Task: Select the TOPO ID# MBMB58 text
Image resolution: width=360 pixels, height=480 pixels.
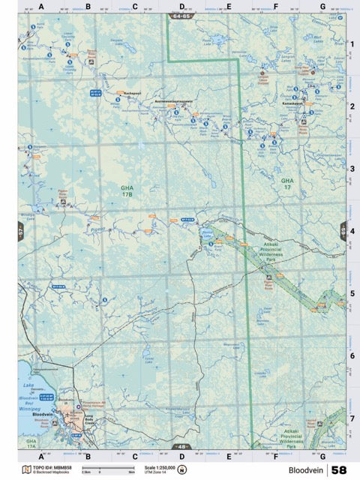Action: pos(50,466)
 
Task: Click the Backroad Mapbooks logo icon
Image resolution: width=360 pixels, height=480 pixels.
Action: pos(27,469)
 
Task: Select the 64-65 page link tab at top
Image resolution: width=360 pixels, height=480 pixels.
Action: pos(181,15)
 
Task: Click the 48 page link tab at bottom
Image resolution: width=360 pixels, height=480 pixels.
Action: pos(181,447)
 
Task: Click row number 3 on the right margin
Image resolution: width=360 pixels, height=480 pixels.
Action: pos(351,169)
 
